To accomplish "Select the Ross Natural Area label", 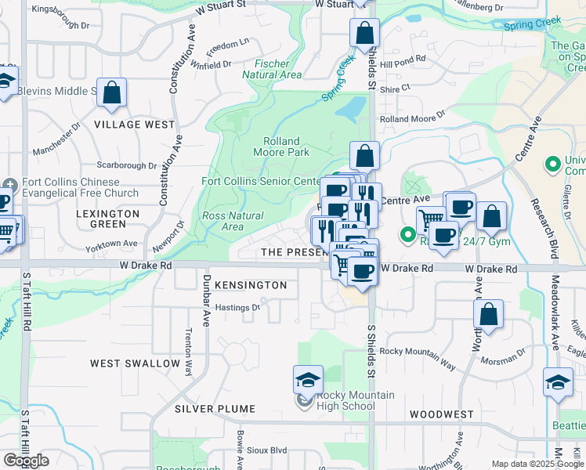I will click(233, 221).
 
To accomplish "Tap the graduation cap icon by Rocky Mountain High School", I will click(308, 380).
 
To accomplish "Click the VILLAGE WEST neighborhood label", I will click(135, 125).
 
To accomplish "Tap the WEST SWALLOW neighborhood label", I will click(135, 363).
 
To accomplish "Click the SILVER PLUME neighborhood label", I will click(215, 409).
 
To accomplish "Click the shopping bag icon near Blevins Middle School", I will click(112, 92).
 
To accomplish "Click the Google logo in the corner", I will click(26, 461).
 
